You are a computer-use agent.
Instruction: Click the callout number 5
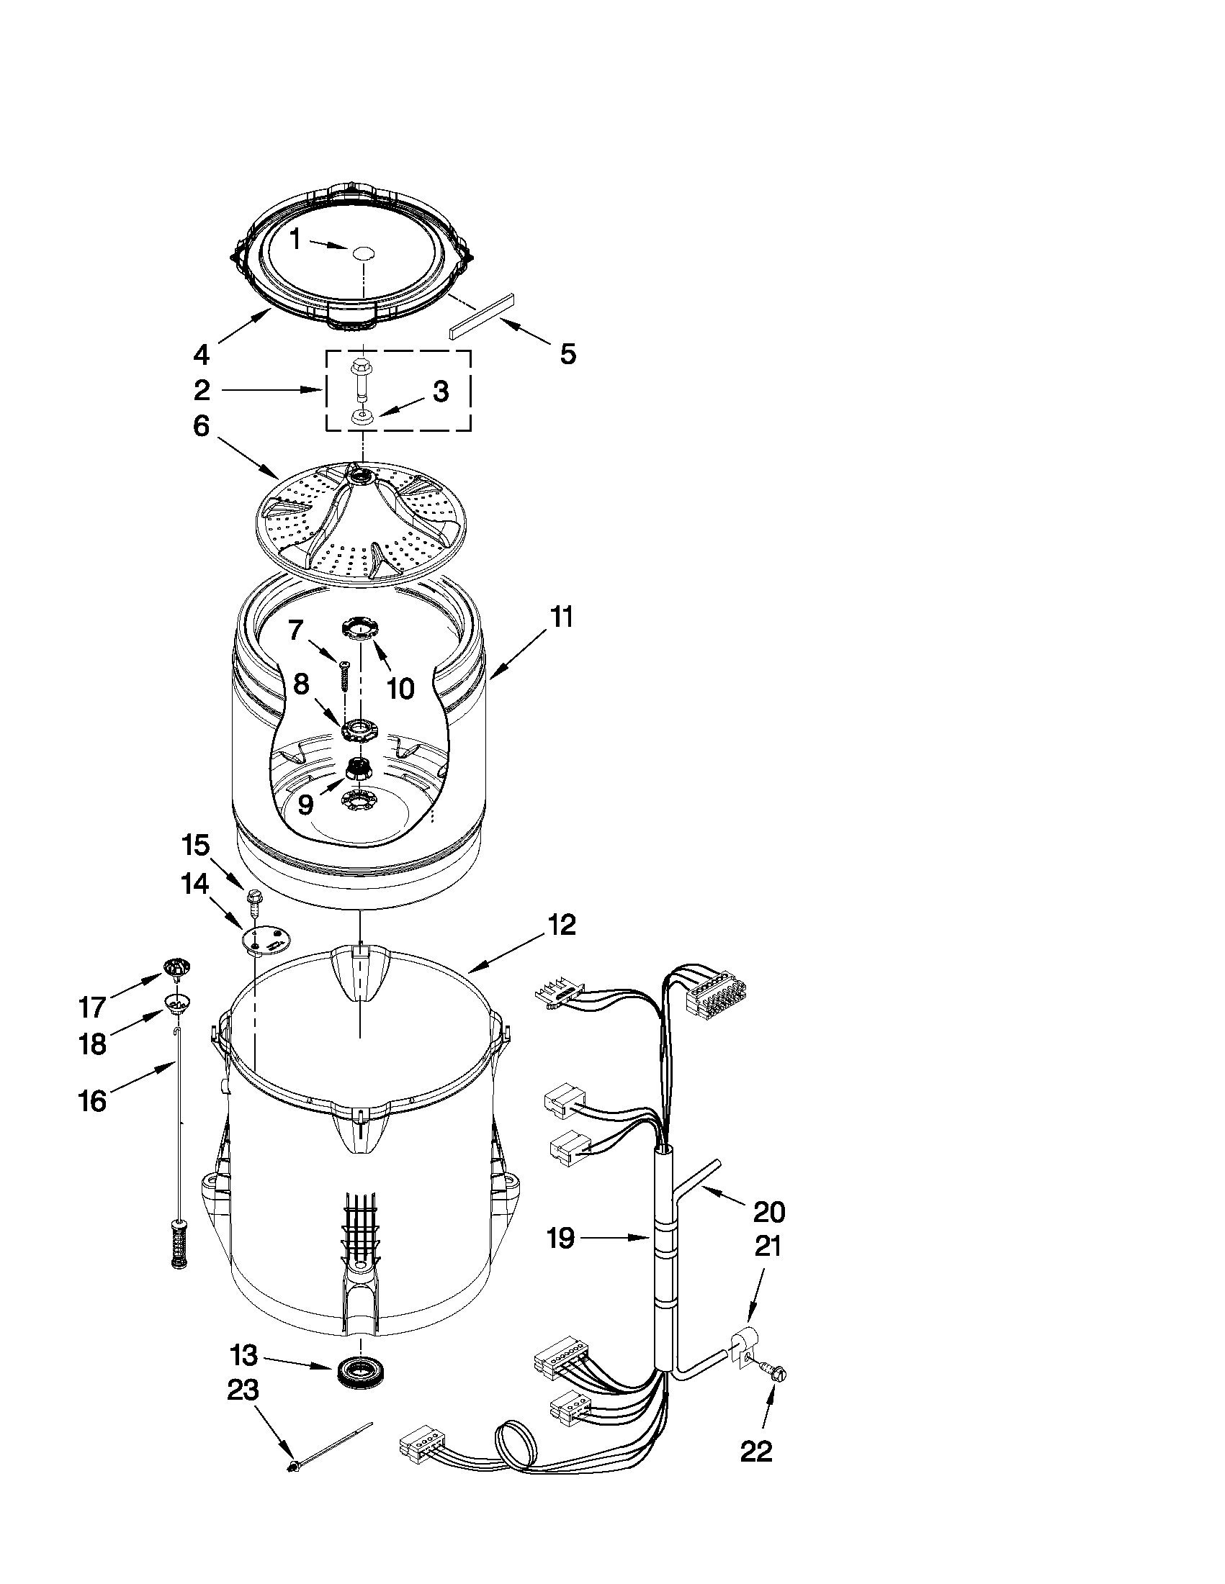(567, 354)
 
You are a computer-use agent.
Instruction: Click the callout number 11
(561, 617)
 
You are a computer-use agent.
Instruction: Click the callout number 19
(560, 1238)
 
